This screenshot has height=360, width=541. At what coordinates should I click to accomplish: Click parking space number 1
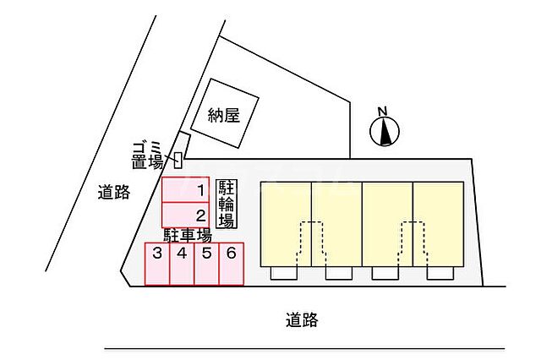click(186, 189)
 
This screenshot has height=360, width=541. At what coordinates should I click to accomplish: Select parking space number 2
click(186, 215)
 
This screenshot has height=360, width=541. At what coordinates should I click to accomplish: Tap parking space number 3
click(157, 265)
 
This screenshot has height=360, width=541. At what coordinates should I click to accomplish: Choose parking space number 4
click(182, 265)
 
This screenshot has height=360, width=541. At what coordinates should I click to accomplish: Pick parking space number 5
click(206, 265)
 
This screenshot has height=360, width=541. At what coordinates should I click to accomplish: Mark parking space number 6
click(232, 265)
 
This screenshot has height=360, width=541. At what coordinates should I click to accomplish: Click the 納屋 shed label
click(224, 115)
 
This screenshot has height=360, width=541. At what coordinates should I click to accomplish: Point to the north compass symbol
click(385, 131)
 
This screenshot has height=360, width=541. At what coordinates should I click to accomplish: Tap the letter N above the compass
click(382, 112)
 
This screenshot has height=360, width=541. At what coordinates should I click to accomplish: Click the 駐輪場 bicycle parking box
click(227, 204)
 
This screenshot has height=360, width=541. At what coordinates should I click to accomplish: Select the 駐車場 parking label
click(188, 236)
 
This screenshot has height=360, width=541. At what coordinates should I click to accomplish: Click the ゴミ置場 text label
click(148, 156)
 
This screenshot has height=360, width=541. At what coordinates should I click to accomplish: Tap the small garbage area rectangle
click(178, 160)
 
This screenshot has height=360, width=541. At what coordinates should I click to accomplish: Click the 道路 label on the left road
click(113, 192)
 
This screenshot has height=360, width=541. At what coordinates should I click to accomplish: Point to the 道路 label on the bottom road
click(302, 320)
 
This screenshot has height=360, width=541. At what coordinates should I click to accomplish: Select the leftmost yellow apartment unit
click(286, 224)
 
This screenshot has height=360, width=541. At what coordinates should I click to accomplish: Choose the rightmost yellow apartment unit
click(438, 224)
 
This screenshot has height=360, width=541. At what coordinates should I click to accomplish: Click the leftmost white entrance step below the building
click(284, 273)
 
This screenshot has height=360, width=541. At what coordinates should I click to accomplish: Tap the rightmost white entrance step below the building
click(440, 273)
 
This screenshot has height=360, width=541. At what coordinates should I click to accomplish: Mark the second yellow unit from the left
click(336, 224)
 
